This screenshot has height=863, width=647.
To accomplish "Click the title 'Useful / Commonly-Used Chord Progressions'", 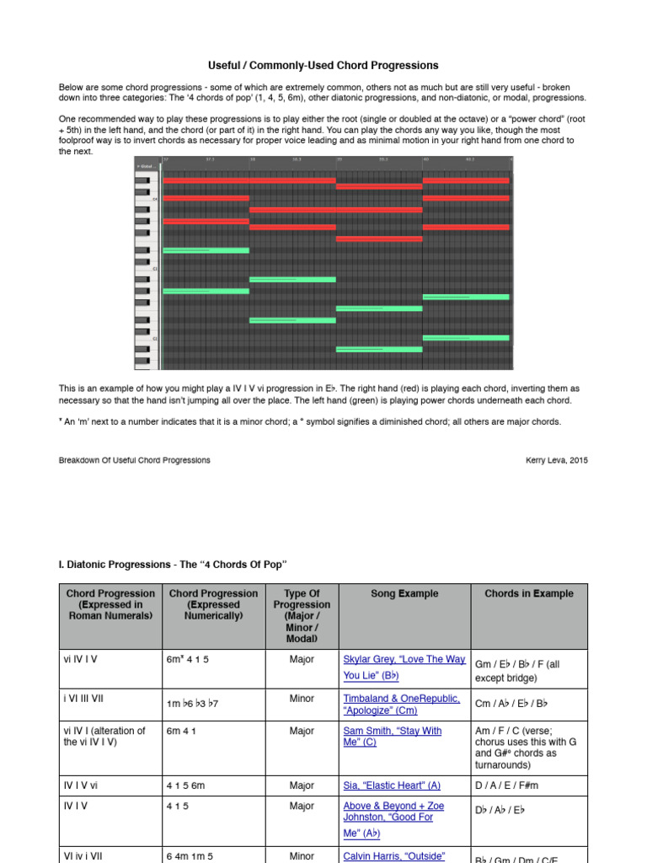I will click(x=323, y=65).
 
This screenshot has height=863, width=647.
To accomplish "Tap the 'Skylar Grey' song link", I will click(x=404, y=659).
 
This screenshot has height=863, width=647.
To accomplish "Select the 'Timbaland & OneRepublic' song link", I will click(x=401, y=699).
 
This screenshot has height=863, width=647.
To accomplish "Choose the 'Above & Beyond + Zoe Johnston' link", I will click(x=393, y=807).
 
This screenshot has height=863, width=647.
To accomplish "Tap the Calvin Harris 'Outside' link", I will click(x=393, y=856).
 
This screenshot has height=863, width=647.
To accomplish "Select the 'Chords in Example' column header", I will click(x=528, y=593).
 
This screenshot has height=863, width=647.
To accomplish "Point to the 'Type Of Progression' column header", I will click(x=302, y=604).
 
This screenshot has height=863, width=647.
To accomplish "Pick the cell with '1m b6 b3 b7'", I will click(x=192, y=703).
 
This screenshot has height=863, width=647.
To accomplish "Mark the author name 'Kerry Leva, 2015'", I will click(x=556, y=460).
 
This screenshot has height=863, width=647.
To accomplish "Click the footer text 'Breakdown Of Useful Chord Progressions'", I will click(x=134, y=460).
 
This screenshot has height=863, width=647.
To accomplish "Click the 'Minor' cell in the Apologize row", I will click(x=302, y=699).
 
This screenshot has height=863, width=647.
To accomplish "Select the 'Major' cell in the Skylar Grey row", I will click(x=302, y=659).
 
